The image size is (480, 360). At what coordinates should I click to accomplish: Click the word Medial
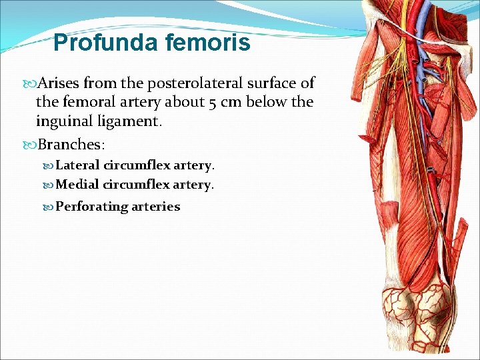pyautogui.click(x=77, y=184)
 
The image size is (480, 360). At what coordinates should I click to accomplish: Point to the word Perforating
pyautogui.click(x=91, y=207)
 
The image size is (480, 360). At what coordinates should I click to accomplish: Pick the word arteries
pyautogui.click(x=155, y=207)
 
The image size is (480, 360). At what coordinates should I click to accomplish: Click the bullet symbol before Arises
pyautogui.click(x=31, y=84)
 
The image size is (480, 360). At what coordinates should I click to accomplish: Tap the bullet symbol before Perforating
pyautogui.click(x=49, y=207)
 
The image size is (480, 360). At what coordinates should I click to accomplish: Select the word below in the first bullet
pyautogui.click(x=267, y=103)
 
